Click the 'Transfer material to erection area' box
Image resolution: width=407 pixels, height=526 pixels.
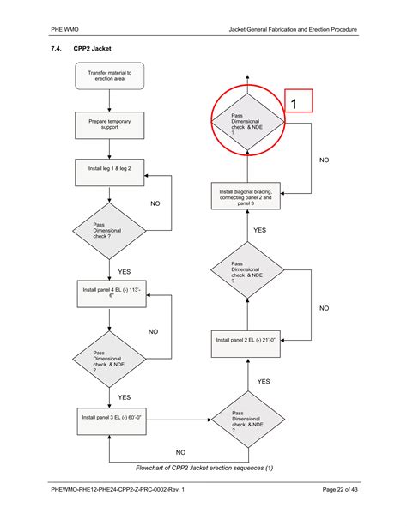[109, 76]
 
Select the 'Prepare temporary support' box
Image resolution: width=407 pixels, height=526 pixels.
[109, 125]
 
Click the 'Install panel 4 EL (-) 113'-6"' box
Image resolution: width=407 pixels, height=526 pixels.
[109, 293]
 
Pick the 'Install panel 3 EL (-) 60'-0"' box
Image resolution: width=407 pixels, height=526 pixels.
[111, 417]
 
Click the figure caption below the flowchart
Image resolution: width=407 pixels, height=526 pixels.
[204, 468]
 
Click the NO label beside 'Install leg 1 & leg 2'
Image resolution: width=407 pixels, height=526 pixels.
[155, 203]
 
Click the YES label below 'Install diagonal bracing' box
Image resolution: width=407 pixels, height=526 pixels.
[259, 230]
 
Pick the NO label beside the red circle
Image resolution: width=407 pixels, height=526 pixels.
[325, 160]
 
